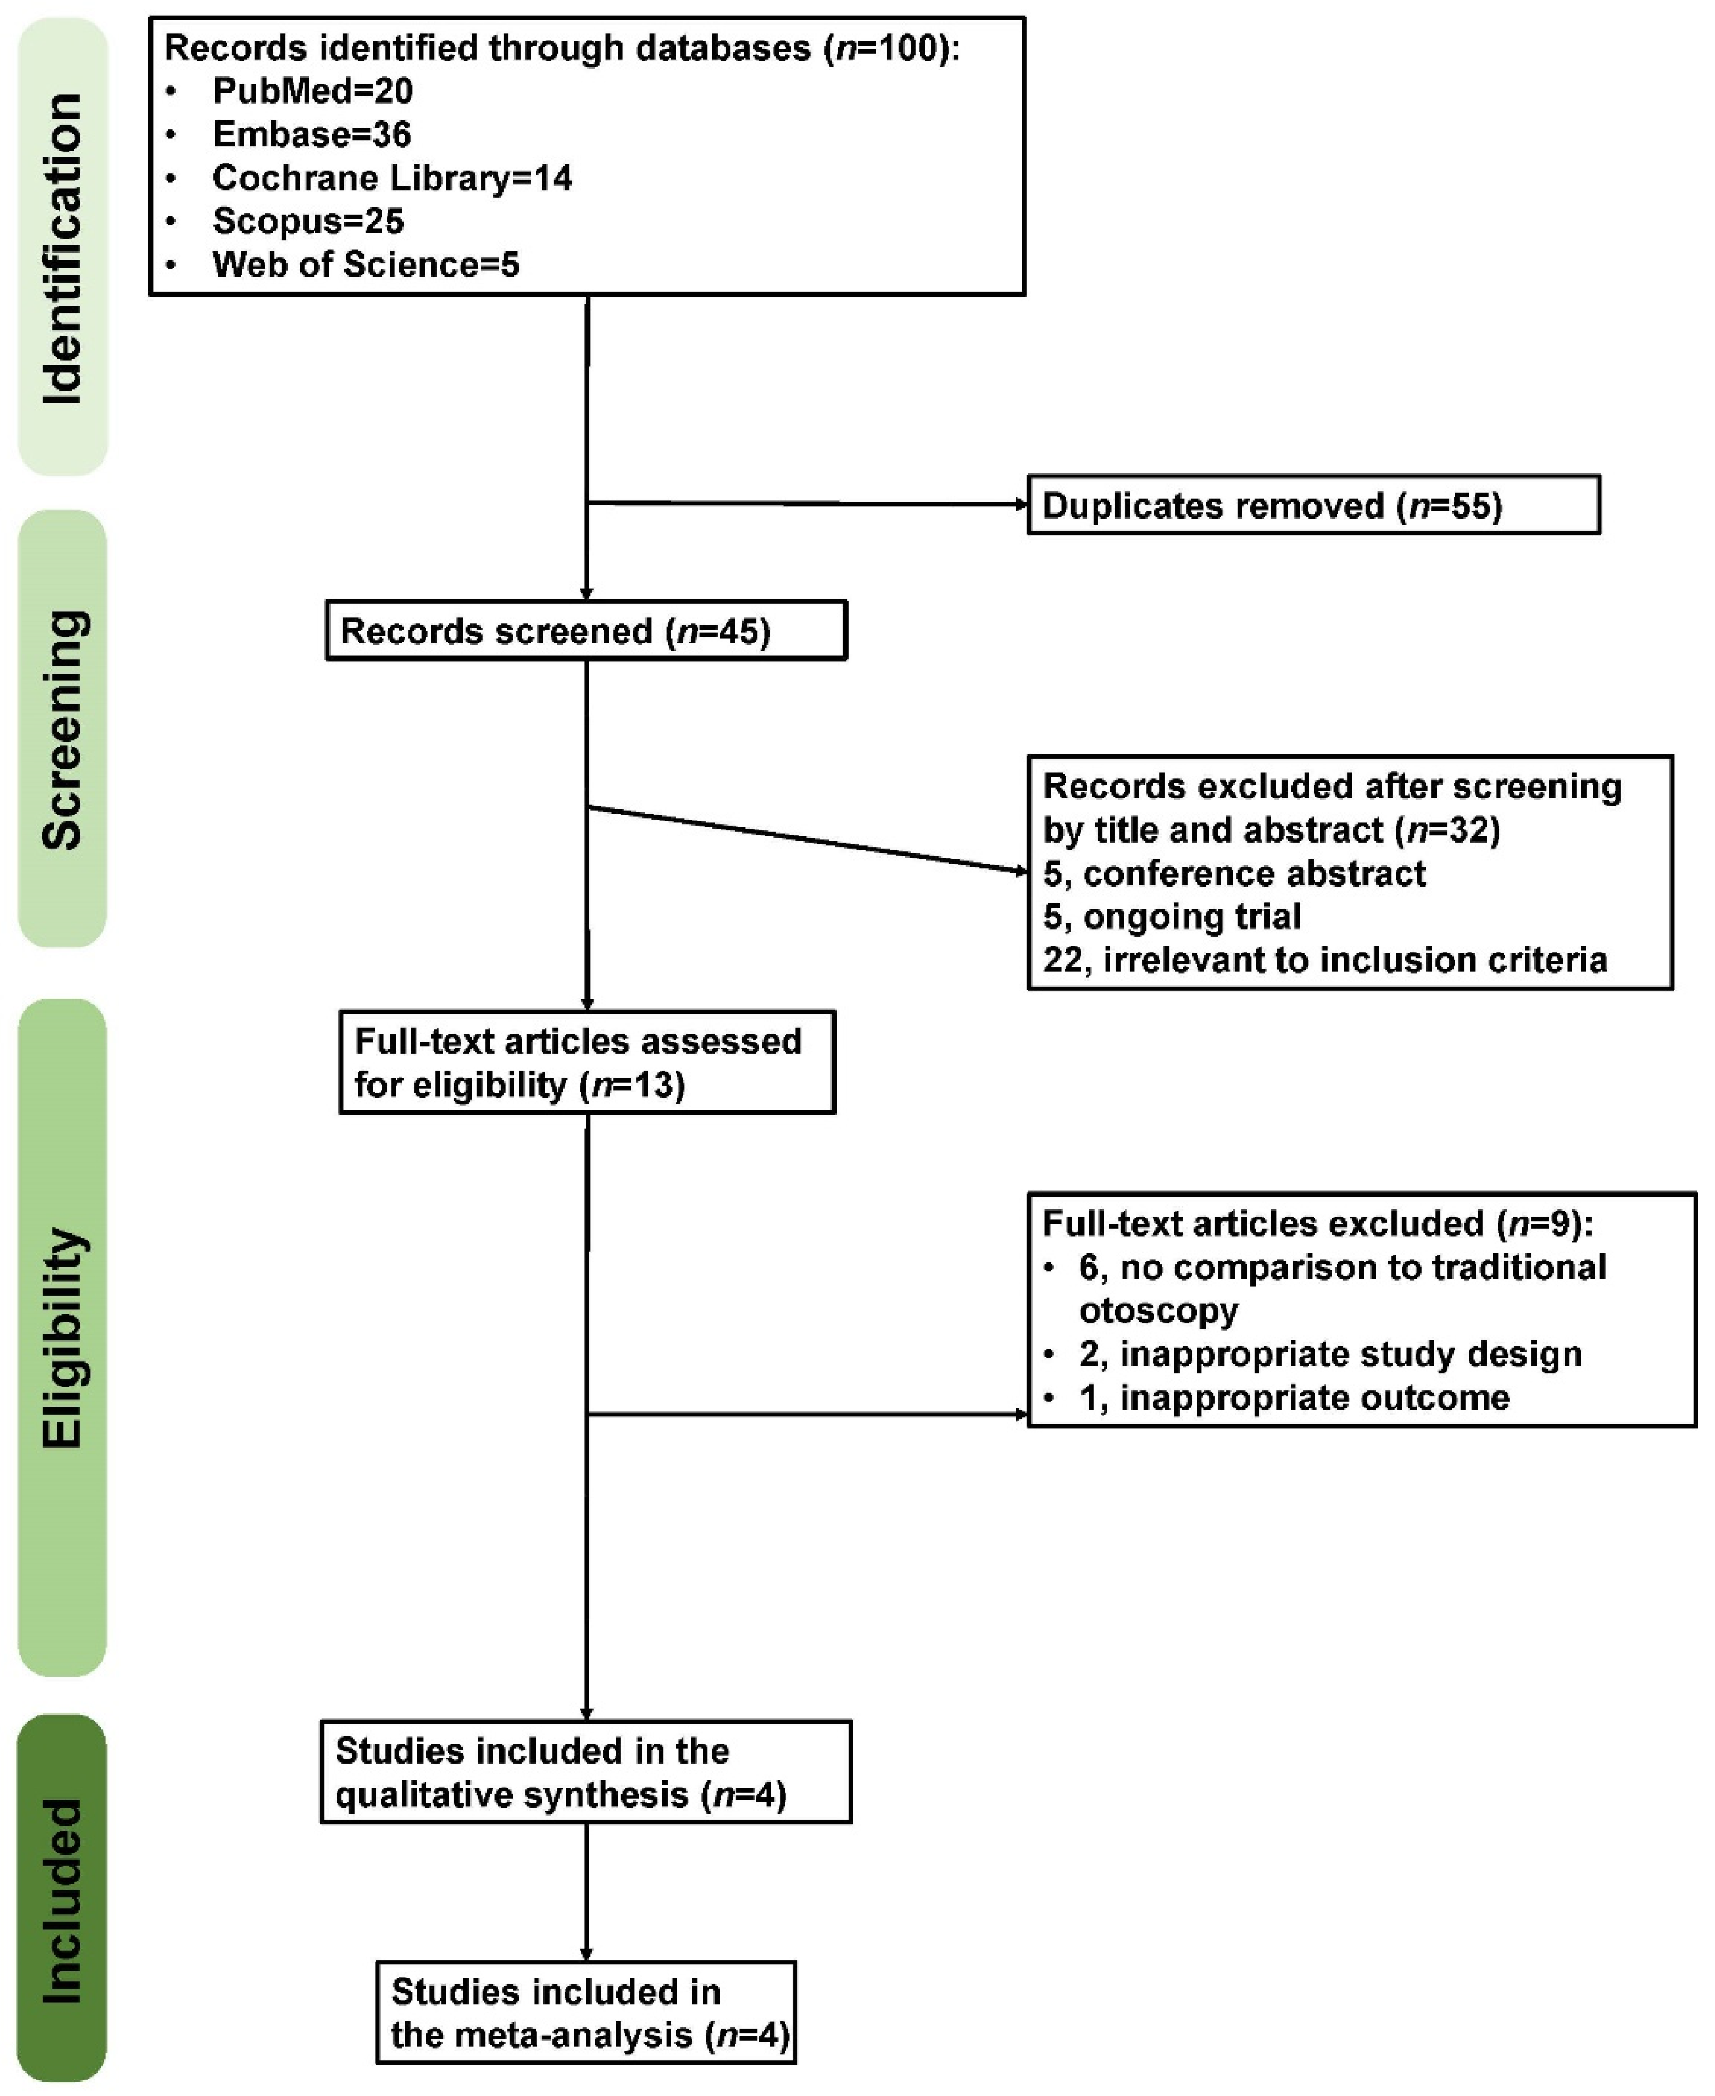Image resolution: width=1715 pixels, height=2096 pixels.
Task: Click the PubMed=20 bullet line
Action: (312, 91)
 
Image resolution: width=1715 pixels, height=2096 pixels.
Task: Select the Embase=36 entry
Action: (311, 134)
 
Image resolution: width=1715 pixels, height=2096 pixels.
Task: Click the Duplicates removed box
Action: (1313, 505)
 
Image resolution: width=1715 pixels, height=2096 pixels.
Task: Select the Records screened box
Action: (586, 631)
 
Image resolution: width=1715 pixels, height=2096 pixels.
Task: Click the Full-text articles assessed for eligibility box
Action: (587, 1062)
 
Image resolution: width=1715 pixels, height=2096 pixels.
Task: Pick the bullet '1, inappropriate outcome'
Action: (1294, 1397)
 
